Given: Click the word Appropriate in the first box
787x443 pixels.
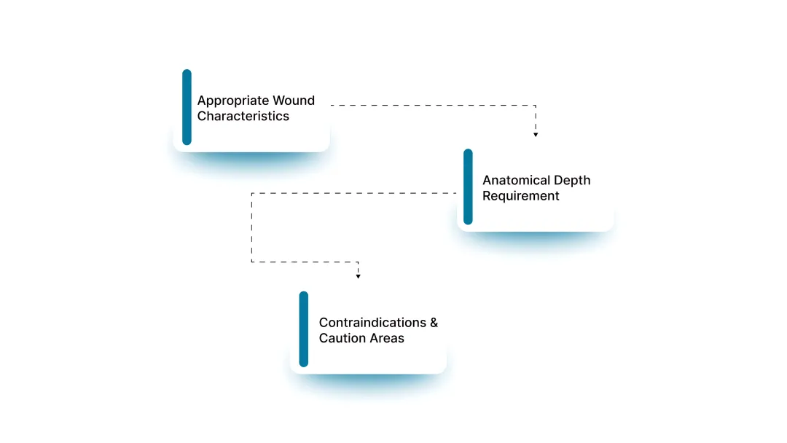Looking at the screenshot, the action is (233, 101).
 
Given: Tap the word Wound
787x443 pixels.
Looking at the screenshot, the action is (294, 101).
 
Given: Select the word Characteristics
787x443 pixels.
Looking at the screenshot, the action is (243, 116).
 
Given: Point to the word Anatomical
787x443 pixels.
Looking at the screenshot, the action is (516, 180).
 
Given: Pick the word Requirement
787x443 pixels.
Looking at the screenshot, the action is (520, 196).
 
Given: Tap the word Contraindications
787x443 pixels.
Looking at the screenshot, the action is (372, 322).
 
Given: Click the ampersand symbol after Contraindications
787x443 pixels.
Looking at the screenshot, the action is (434, 323).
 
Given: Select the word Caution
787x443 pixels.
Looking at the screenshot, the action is (340, 338).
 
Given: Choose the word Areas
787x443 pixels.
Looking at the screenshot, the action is (385, 338).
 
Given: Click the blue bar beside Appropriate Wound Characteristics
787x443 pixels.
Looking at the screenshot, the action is (187, 107).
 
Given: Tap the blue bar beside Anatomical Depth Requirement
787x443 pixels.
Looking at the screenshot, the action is (469, 187).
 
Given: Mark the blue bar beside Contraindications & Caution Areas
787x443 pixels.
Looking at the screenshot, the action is (304, 329).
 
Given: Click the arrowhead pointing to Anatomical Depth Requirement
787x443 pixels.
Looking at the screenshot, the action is (536, 135).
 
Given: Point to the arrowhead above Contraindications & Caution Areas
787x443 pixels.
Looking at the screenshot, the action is (358, 276).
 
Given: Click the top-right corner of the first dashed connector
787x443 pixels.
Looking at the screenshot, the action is (536, 106).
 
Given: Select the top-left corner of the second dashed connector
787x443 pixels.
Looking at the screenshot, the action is (252, 193).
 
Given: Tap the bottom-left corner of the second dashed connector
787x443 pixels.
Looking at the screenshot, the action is (252, 262).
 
